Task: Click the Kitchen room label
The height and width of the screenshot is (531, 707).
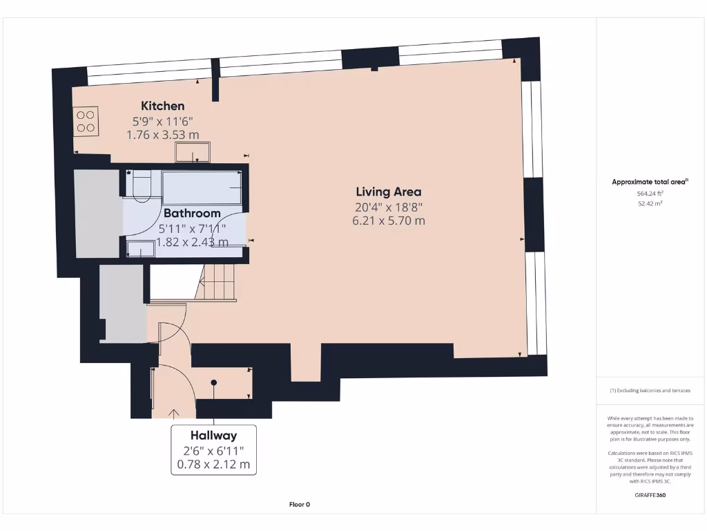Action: tap(163, 106)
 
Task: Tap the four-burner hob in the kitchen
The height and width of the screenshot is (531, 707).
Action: tap(86, 121)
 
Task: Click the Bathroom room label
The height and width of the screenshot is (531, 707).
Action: tap(192, 213)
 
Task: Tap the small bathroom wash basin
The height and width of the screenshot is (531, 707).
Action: tap(141, 248)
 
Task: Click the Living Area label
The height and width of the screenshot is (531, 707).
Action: tap(389, 192)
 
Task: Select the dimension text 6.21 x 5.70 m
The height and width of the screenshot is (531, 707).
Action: tap(389, 221)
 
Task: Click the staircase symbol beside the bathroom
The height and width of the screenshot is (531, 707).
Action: tap(217, 284)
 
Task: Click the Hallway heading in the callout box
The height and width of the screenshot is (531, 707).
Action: tap(213, 436)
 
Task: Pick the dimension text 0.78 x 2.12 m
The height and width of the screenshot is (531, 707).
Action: tap(213, 464)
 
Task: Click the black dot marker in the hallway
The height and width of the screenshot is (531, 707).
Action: tap(214, 382)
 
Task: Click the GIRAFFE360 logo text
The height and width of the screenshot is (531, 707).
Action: tap(650, 495)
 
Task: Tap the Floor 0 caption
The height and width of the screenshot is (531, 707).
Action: tap(299, 505)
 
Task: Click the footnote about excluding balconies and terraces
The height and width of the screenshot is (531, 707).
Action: tap(650, 391)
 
